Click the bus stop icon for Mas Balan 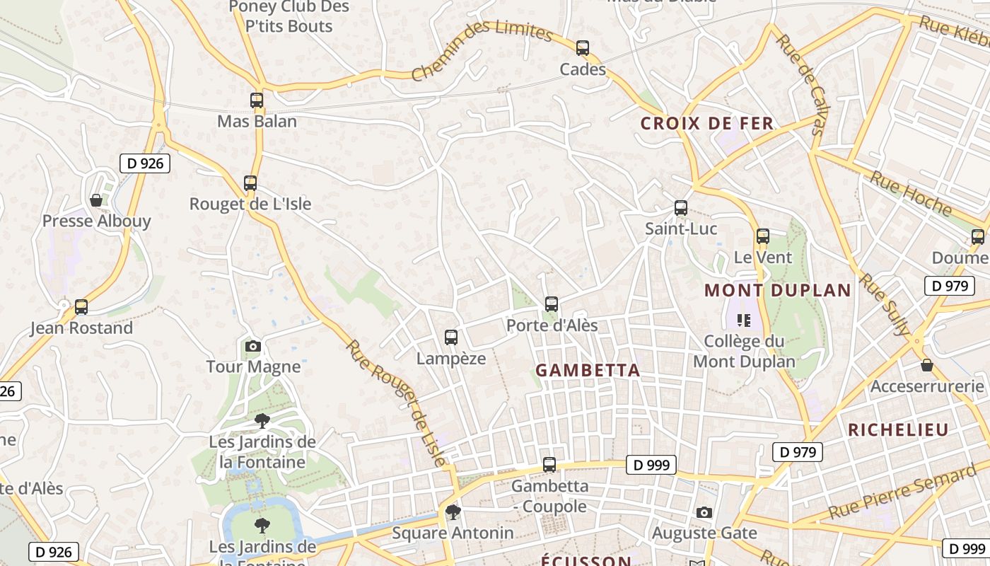click(257, 100)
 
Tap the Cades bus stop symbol click(583, 48)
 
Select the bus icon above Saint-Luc click(681, 208)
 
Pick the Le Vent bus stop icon click(762, 236)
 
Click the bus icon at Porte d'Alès click(552, 304)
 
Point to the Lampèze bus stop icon click(451, 337)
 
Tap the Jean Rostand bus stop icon click(81, 307)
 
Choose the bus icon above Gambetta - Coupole click(549, 465)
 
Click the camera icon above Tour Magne click(253, 346)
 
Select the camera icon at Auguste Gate click(704, 512)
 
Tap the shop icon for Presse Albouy click(96, 200)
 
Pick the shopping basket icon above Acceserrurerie click(927, 365)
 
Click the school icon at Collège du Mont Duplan click(743, 320)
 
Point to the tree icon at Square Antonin click(453, 512)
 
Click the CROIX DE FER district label click(707, 124)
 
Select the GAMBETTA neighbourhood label click(588, 370)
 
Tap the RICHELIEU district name click(898, 429)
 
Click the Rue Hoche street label click(911, 192)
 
